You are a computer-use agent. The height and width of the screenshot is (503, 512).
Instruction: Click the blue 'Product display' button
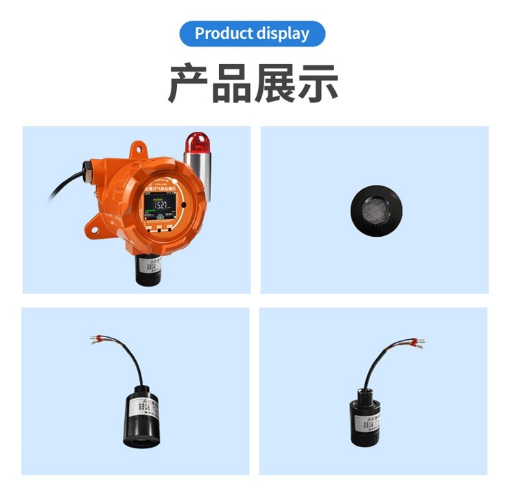253,33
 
